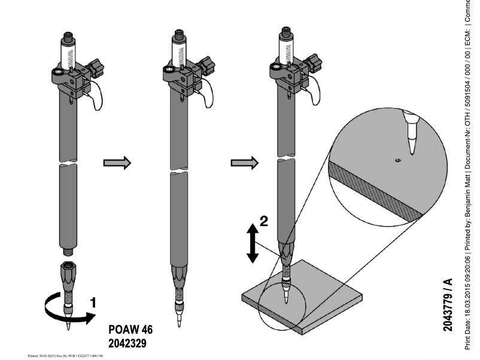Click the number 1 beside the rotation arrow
(93, 303)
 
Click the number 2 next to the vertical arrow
(264, 221)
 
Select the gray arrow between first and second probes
(117, 163)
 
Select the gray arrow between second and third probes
(244, 162)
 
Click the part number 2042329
(127, 344)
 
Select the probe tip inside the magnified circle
(411, 132)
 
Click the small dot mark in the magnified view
(397, 160)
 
